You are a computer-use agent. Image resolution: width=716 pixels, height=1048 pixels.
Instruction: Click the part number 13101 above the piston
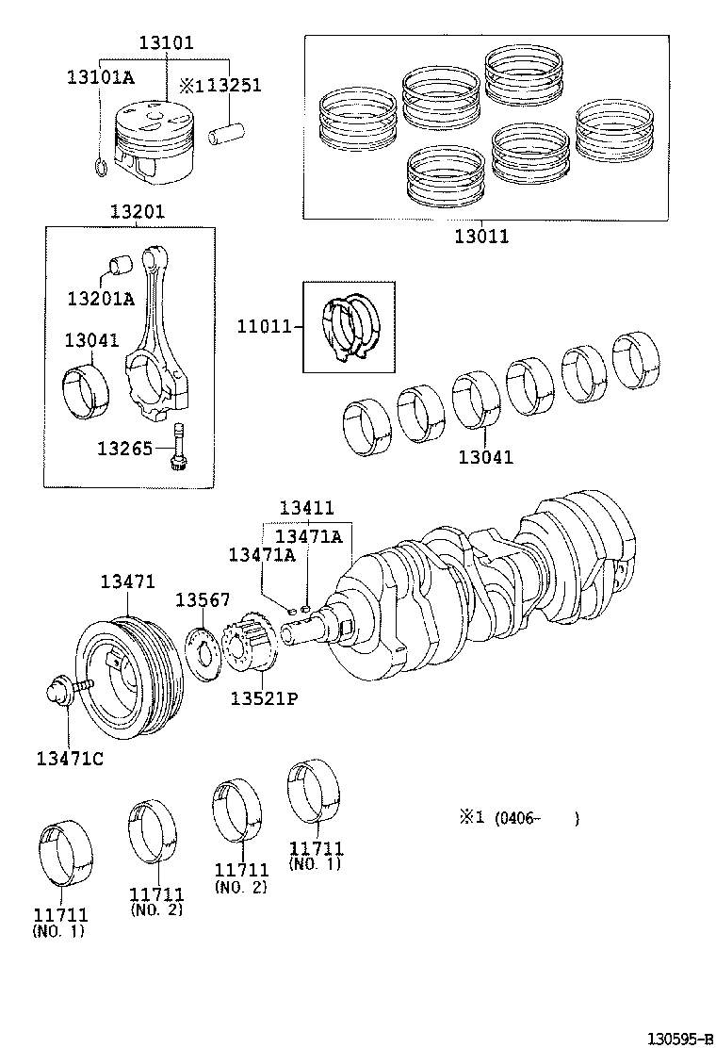point(167,42)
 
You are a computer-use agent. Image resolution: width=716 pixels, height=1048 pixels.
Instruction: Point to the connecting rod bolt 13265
point(179,447)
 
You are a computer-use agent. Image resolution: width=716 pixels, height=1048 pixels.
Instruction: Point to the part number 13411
point(306,508)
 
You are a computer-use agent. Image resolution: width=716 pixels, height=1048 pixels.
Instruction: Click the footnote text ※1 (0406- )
point(518,818)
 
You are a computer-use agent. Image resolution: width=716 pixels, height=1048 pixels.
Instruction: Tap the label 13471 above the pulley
point(128,582)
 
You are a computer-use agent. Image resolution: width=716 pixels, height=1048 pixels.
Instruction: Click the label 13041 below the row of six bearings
point(486,457)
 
